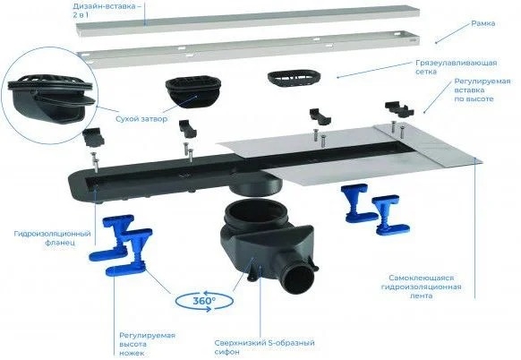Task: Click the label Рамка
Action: coord(483,23)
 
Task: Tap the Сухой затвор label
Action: coord(141,119)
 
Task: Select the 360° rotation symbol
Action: coord(204,301)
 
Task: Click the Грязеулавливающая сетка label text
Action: coord(456,67)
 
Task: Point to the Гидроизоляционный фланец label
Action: coord(53,238)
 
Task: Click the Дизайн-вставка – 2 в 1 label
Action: coord(105,11)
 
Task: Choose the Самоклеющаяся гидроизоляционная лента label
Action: coord(421,287)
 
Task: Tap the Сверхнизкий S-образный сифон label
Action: coord(264,347)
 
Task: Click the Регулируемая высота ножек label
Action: coord(147,344)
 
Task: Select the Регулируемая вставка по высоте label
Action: coord(483,90)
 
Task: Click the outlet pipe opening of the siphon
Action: coord(297,281)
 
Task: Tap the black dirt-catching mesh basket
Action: coord(294,79)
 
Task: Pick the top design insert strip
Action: coord(248,19)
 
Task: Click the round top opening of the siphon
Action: coord(255,210)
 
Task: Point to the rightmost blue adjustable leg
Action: coord(390,215)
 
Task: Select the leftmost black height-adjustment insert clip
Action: coord(93,137)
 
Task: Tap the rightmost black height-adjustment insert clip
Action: coord(400,109)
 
